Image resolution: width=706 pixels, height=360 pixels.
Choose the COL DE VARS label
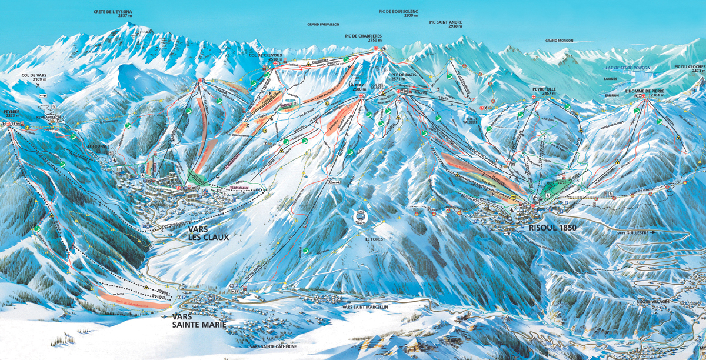(x=34, y=78)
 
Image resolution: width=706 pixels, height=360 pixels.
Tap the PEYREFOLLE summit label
(x=544, y=91)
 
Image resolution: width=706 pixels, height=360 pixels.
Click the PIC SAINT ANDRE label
(x=445, y=24)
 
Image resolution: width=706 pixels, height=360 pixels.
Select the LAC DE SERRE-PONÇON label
(x=628, y=68)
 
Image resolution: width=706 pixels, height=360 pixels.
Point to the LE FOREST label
(x=374, y=239)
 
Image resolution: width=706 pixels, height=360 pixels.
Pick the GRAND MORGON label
(x=559, y=41)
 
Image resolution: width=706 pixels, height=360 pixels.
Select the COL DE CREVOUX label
(x=266, y=57)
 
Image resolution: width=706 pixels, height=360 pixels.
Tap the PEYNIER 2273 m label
(x=12, y=113)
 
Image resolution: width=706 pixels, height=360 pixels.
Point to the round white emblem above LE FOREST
(x=358, y=217)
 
